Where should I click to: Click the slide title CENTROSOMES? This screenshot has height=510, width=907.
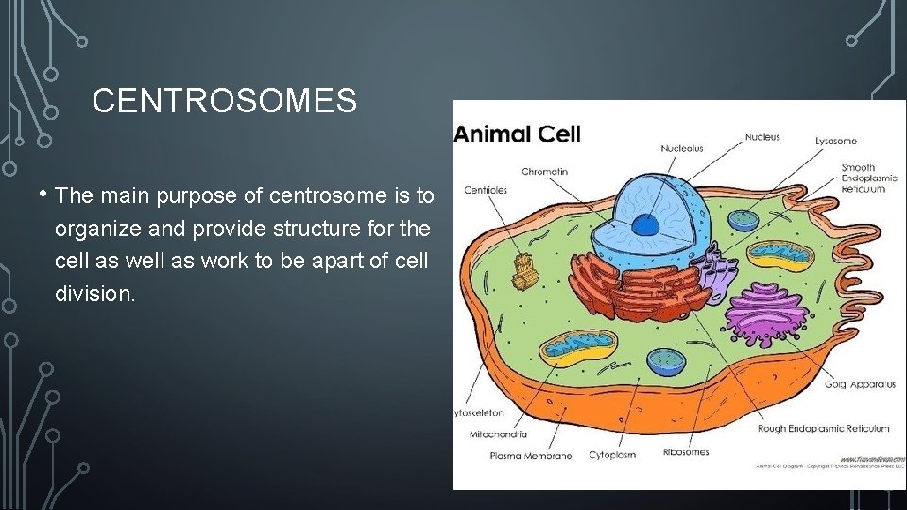point(225,101)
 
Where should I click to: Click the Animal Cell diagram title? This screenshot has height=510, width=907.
point(518,133)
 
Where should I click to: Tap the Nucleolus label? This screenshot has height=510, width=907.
point(681,148)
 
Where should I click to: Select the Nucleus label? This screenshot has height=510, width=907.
point(762,137)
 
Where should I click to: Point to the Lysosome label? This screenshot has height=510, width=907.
point(835,141)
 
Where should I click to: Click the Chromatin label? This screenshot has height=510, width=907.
point(545,171)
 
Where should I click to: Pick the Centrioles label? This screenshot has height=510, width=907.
point(486,190)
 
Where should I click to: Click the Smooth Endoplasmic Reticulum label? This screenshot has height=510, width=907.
point(864,178)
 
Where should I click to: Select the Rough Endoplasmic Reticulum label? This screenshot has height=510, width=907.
point(823,428)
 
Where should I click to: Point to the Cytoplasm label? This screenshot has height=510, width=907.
point(613,454)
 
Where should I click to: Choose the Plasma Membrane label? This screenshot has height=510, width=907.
point(530,455)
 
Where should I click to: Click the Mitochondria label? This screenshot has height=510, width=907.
point(498,435)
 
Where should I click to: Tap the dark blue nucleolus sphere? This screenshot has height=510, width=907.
point(644,225)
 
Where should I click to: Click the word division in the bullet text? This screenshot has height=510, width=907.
point(94,294)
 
